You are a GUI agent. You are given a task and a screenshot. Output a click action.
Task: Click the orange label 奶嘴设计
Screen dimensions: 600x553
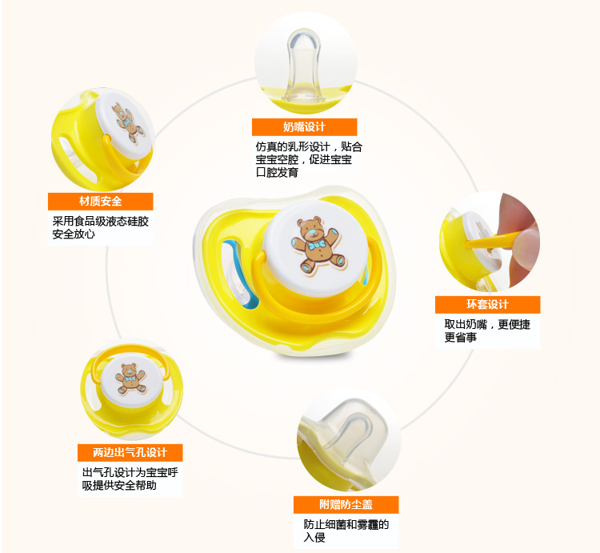click(304, 127)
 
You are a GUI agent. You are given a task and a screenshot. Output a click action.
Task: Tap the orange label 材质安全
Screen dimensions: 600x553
click(101, 202)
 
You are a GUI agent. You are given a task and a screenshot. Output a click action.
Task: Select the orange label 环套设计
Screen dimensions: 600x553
click(487, 305)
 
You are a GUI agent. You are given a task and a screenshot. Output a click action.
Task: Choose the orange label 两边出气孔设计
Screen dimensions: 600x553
click(130, 452)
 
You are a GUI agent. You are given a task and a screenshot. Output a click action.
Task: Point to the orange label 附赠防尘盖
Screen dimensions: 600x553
click(345, 505)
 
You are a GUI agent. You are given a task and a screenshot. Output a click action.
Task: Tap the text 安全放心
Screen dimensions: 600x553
click(74, 235)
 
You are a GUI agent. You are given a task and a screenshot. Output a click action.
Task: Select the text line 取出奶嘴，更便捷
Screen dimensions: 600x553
click(487, 324)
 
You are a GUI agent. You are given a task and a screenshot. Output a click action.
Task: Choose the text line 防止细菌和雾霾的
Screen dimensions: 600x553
click(346, 525)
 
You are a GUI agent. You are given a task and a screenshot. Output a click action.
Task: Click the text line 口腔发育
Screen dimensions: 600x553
click(276, 173)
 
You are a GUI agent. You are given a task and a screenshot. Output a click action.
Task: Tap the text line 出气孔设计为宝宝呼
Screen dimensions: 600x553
click(130, 472)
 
